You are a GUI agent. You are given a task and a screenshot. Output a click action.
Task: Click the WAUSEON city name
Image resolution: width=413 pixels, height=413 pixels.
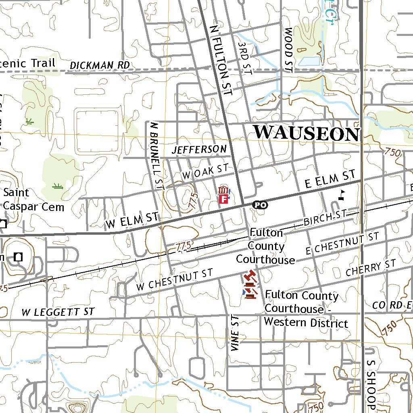pyautogui.click(x=306, y=133)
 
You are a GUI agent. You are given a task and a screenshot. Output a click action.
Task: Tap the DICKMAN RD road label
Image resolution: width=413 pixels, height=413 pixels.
pyautogui.click(x=100, y=65)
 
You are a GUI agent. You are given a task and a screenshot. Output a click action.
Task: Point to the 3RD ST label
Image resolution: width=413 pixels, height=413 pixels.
pyautogui.click(x=245, y=58)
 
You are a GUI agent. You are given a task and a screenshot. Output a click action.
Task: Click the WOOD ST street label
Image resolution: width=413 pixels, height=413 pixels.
pyautogui.click(x=288, y=50)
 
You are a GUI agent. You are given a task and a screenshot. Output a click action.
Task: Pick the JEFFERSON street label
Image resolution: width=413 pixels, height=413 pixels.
pyautogui.click(x=199, y=150)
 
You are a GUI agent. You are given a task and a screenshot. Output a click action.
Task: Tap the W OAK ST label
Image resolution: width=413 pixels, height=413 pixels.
pyautogui.click(x=205, y=171)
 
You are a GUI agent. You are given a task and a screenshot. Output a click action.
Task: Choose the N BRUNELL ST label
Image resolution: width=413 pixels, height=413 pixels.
pyautogui.click(x=157, y=155)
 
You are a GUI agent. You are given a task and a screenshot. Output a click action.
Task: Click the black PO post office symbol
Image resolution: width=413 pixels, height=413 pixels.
pyautogui.click(x=260, y=205)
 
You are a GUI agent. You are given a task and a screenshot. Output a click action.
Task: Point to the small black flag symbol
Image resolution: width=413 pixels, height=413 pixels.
pyautogui.click(x=342, y=195)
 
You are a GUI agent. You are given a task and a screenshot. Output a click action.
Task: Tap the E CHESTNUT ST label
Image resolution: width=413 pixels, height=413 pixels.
pyautogui.click(x=342, y=244)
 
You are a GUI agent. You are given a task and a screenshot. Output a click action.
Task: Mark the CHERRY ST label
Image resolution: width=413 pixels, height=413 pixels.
pyautogui.click(x=371, y=269)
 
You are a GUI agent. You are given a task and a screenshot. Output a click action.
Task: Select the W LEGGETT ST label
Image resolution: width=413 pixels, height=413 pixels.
pyautogui.click(x=58, y=312)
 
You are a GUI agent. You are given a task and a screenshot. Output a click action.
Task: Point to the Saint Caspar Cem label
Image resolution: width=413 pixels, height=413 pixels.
pyautogui.click(x=34, y=200)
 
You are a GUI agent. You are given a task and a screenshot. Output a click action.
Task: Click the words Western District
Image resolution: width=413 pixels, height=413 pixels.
pyautogui.click(x=306, y=323)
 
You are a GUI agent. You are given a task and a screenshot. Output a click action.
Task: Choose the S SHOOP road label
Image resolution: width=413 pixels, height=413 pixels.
pyautogui.click(x=371, y=383)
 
